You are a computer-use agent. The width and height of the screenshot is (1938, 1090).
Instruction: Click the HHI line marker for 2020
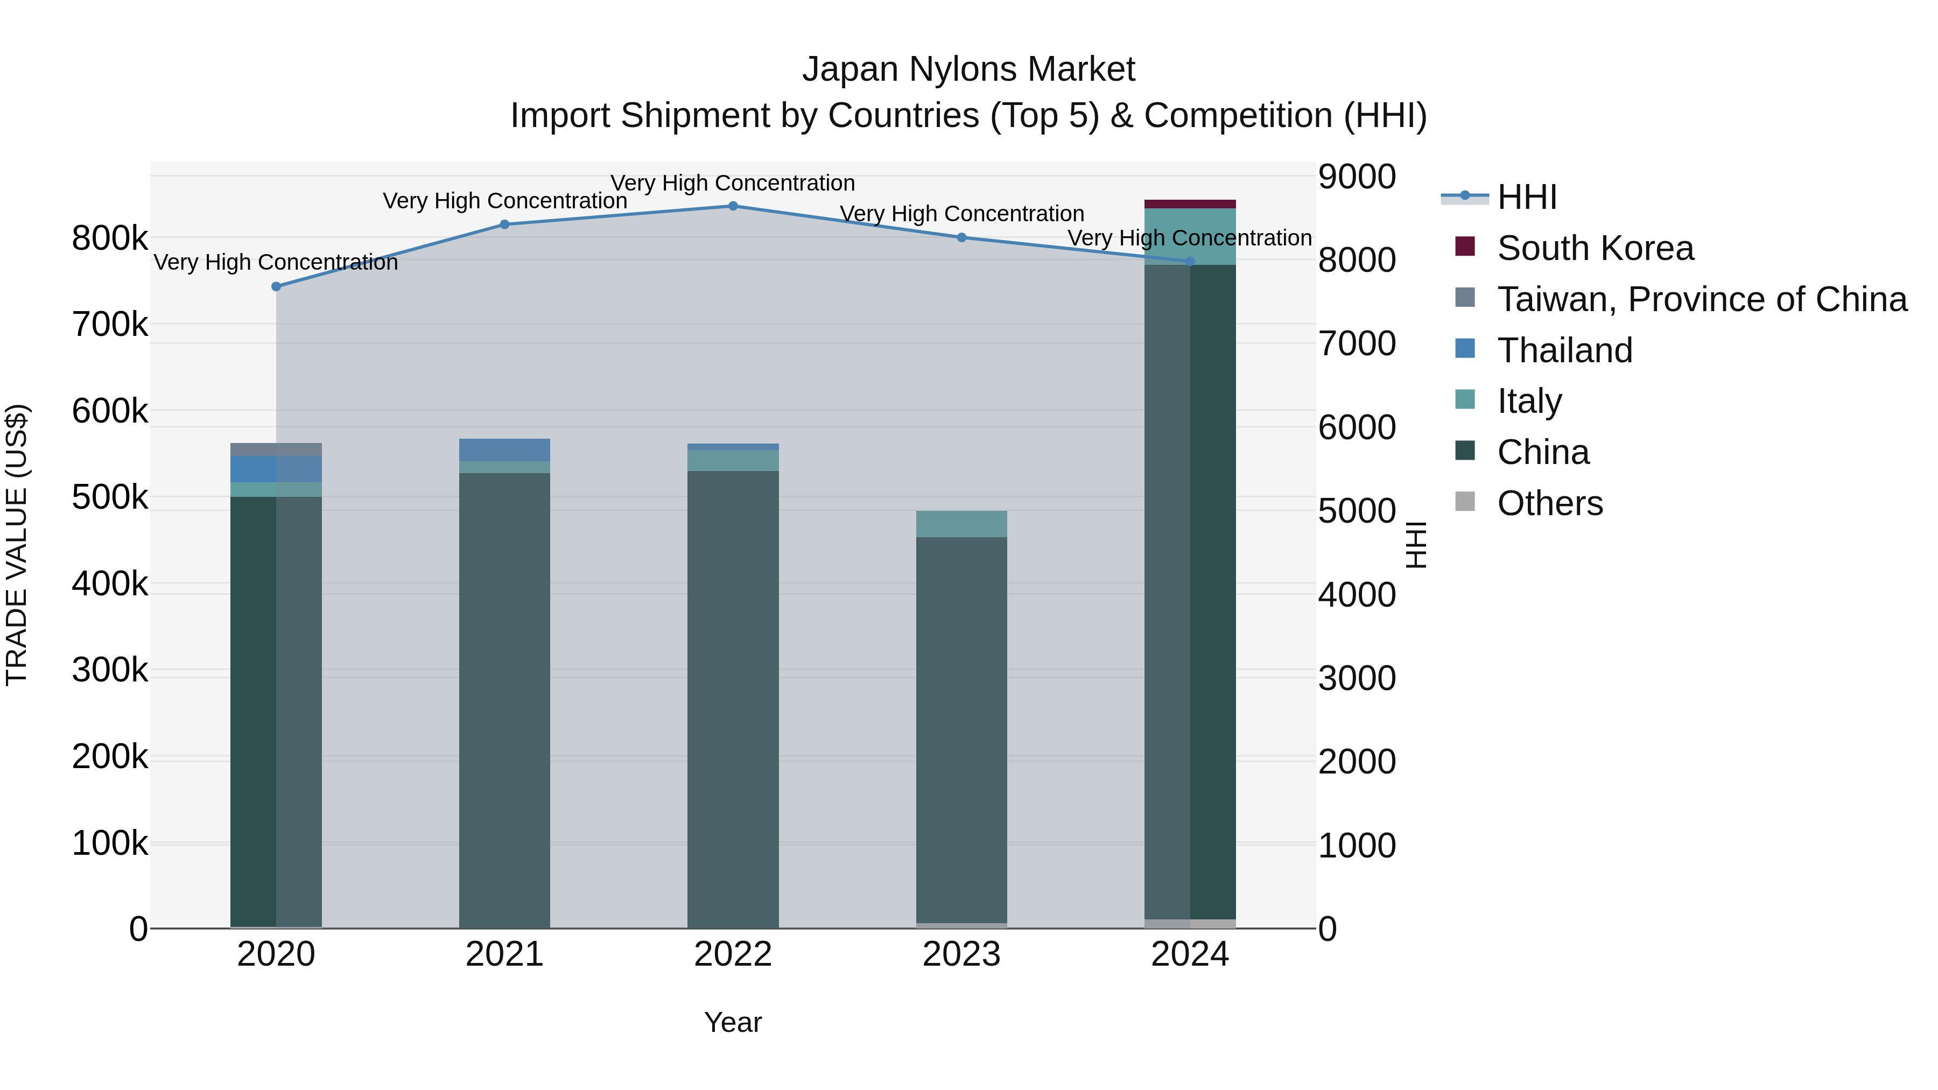pyautogui.click(x=276, y=286)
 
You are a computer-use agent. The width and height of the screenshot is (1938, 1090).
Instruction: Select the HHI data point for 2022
pyautogui.click(x=733, y=206)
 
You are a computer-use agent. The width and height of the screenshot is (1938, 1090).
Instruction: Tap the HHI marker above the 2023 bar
pyautogui.click(x=961, y=238)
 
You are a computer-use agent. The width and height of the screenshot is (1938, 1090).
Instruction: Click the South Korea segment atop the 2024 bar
pyautogui.click(x=1189, y=204)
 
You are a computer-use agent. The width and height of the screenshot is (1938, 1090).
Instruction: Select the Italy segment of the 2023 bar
pyautogui.click(x=961, y=524)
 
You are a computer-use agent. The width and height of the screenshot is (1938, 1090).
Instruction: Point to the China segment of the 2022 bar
pyautogui.click(x=733, y=700)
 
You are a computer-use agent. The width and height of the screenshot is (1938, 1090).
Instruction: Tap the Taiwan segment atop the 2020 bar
pyautogui.click(x=276, y=449)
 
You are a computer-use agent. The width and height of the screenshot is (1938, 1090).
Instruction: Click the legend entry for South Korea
pyautogui.click(x=1595, y=248)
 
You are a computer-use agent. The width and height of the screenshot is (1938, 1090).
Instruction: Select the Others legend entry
pyautogui.click(x=1550, y=503)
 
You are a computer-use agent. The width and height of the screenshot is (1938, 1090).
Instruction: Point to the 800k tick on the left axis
pyautogui.click(x=110, y=238)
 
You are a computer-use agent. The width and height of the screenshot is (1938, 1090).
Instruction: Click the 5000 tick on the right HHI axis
pyautogui.click(x=1357, y=511)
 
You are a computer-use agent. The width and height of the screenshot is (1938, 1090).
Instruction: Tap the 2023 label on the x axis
pyautogui.click(x=961, y=954)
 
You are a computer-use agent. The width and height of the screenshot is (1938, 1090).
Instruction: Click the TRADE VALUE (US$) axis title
pyautogui.click(x=17, y=545)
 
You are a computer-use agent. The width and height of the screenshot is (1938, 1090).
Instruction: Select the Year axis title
pyautogui.click(x=733, y=1022)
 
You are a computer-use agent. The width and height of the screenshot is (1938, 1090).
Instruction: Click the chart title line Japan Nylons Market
pyautogui.click(x=968, y=69)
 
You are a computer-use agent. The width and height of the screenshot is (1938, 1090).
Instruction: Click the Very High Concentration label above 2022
pyautogui.click(x=733, y=183)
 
